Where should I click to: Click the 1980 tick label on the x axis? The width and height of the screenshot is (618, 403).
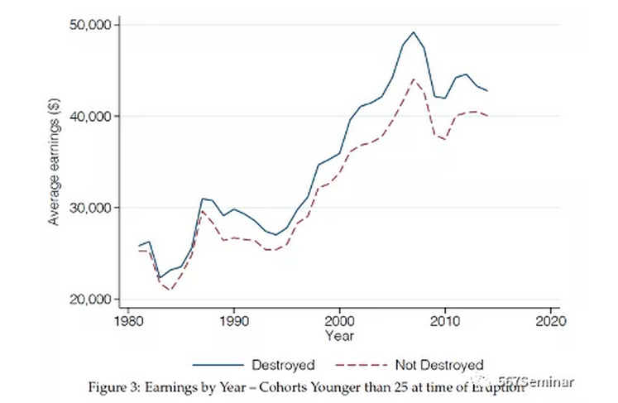(128, 319)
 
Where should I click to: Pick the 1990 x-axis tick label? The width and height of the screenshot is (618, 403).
(234, 319)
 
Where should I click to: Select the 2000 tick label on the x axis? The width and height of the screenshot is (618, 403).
(339, 319)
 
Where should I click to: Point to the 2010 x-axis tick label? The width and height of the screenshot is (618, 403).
(445, 319)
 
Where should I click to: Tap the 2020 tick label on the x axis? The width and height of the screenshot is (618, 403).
(551, 319)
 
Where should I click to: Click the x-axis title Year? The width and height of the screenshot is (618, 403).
(339, 336)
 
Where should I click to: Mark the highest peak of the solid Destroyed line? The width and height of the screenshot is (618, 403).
(413, 32)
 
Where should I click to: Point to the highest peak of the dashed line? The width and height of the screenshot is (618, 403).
(413, 79)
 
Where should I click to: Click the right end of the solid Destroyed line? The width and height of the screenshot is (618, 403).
(487, 90)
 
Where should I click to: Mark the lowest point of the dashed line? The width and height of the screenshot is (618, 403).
(171, 290)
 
